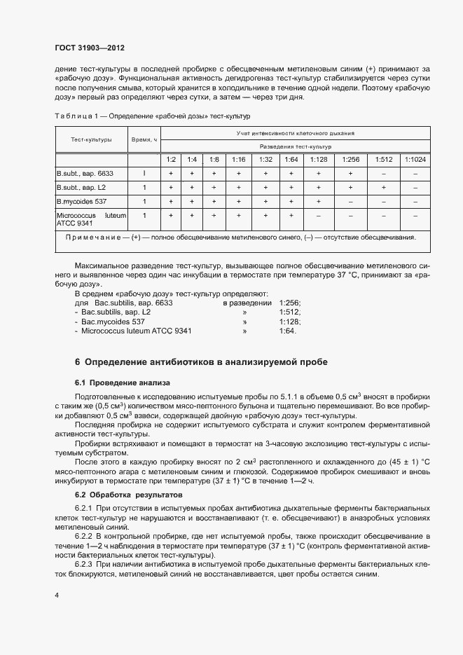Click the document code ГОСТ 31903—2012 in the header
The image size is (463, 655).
coord(89,48)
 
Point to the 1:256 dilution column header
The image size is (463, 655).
coord(350,160)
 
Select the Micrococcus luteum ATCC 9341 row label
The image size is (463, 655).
coord(91,220)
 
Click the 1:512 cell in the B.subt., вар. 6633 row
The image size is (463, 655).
coord(383,173)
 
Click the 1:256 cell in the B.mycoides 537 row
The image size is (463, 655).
coord(350,202)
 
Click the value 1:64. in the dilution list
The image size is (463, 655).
coord(287,331)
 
